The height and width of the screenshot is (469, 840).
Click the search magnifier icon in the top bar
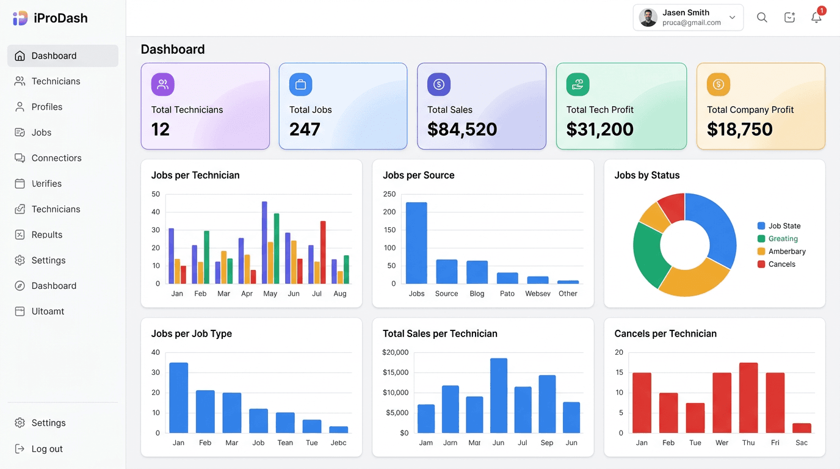click(x=762, y=18)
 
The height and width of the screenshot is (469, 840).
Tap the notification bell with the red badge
click(x=816, y=17)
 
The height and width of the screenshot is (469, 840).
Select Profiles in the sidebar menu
click(x=47, y=107)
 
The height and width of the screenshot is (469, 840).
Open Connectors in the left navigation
click(x=56, y=158)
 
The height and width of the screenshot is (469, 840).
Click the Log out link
click(x=47, y=449)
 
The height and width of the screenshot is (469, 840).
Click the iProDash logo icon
click(x=20, y=18)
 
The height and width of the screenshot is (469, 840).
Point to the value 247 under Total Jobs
click(x=305, y=129)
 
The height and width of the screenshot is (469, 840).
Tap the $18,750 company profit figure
click(x=739, y=129)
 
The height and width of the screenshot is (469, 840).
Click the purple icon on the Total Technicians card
click(x=162, y=85)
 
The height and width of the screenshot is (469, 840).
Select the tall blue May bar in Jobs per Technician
click(x=264, y=242)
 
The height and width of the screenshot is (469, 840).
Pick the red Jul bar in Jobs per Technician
click(x=323, y=252)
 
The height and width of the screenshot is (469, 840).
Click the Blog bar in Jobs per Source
click(x=477, y=272)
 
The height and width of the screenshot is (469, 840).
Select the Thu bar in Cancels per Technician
click(x=748, y=398)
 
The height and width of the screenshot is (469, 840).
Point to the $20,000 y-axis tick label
click(x=396, y=352)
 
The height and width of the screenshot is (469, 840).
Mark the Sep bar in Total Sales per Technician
click(x=547, y=404)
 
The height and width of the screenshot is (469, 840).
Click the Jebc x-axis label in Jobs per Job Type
click(x=338, y=443)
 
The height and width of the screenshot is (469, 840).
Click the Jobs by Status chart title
click(x=646, y=175)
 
